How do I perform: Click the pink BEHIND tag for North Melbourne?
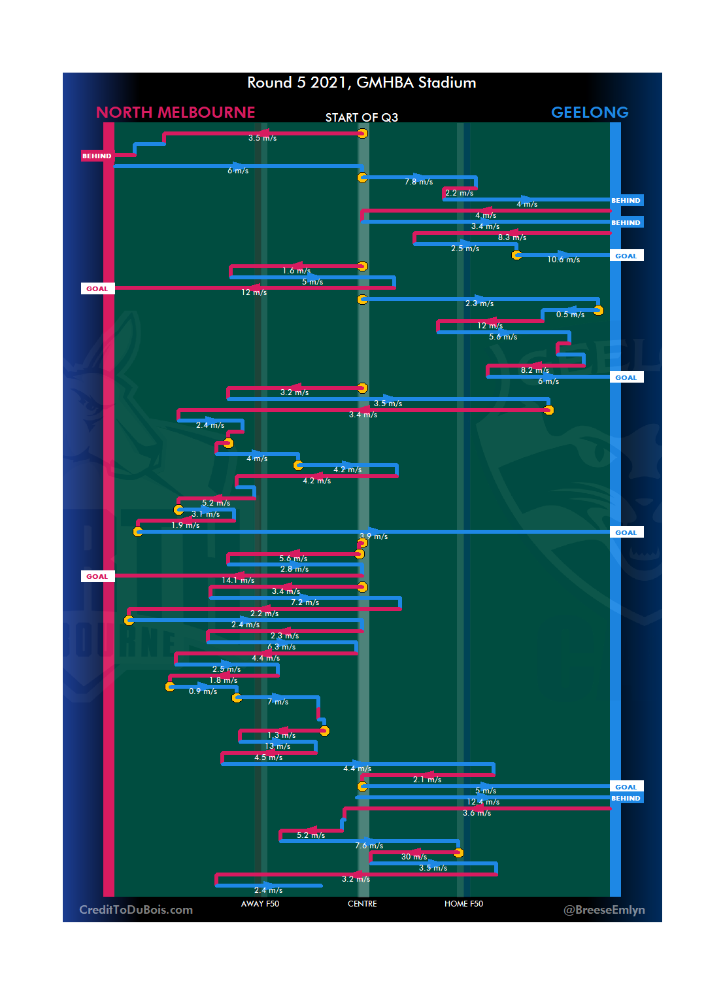(x=97, y=156)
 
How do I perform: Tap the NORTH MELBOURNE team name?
(x=175, y=113)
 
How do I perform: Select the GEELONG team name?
(x=590, y=113)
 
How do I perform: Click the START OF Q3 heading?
(x=361, y=118)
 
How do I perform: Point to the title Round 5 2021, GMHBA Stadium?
(x=361, y=82)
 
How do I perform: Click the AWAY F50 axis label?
(x=260, y=904)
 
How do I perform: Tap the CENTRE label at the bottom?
(x=362, y=904)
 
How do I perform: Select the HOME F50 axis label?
(x=463, y=904)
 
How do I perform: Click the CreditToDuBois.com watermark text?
(x=136, y=910)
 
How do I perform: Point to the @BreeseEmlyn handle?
(x=604, y=910)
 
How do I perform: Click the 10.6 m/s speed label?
(x=563, y=260)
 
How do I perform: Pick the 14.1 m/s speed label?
(x=238, y=580)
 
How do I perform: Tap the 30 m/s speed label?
(x=414, y=857)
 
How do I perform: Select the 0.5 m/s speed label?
(x=570, y=315)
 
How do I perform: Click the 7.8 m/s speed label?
(x=418, y=182)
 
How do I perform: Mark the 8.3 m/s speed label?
(x=512, y=237)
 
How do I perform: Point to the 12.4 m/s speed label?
(x=483, y=802)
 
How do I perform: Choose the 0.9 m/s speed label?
(x=203, y=691)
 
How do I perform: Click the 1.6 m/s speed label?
(x=296, y=271)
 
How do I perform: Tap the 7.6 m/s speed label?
(x=369, y=846)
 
